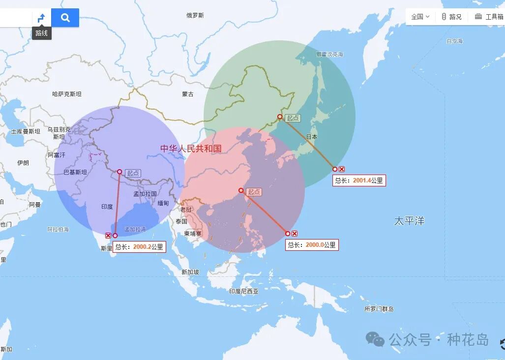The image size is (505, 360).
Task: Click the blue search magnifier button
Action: pyautogui.click(x=65, y=18)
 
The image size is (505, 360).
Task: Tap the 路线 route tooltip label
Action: pyautogui.click(x=42, y=33)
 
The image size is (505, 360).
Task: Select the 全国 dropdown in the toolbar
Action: pyautogui.click(x=420, y=17)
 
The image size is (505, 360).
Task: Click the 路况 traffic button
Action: pyautogui.click(x=451, y=17)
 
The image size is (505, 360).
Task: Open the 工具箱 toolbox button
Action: pyautogui.click(x=489, y=17)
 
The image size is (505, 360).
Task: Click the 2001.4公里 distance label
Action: pyautogui.click(x=359, y=180)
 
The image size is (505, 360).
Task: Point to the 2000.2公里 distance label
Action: pyautogui.click(x=139, y=247)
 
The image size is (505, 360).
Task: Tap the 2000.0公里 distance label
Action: pyautogui.click(x=312, y=245)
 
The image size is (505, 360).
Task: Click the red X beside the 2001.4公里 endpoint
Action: pyautogui.click(x=342, y=169)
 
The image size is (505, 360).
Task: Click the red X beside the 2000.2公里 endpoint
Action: pyautogui.click(x=108, y=236)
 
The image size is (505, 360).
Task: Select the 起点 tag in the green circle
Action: pyautogui.click(x=293, y=118)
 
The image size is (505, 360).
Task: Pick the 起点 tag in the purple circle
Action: pyautogui.click(x=133, y=173)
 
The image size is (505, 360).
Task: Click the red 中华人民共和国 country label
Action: pyautogui.click(x=191, y=149)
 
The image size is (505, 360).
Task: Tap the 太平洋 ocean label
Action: pyautogui.click(x=409, y=221)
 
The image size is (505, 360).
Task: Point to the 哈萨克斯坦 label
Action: pyautogui.click(x=67, y=94)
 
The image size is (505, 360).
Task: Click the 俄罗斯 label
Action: pyautogui.click(x=195, y=16)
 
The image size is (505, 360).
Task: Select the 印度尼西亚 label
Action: pyautogui.click(x=243, y=291)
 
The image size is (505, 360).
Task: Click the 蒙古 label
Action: pyautogui.click(x=187, y=94)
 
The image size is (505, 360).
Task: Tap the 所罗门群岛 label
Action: pyautogui.click(x=379, y=309)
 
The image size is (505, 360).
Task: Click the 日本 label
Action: pyautogui.click(x=312, y=137)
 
